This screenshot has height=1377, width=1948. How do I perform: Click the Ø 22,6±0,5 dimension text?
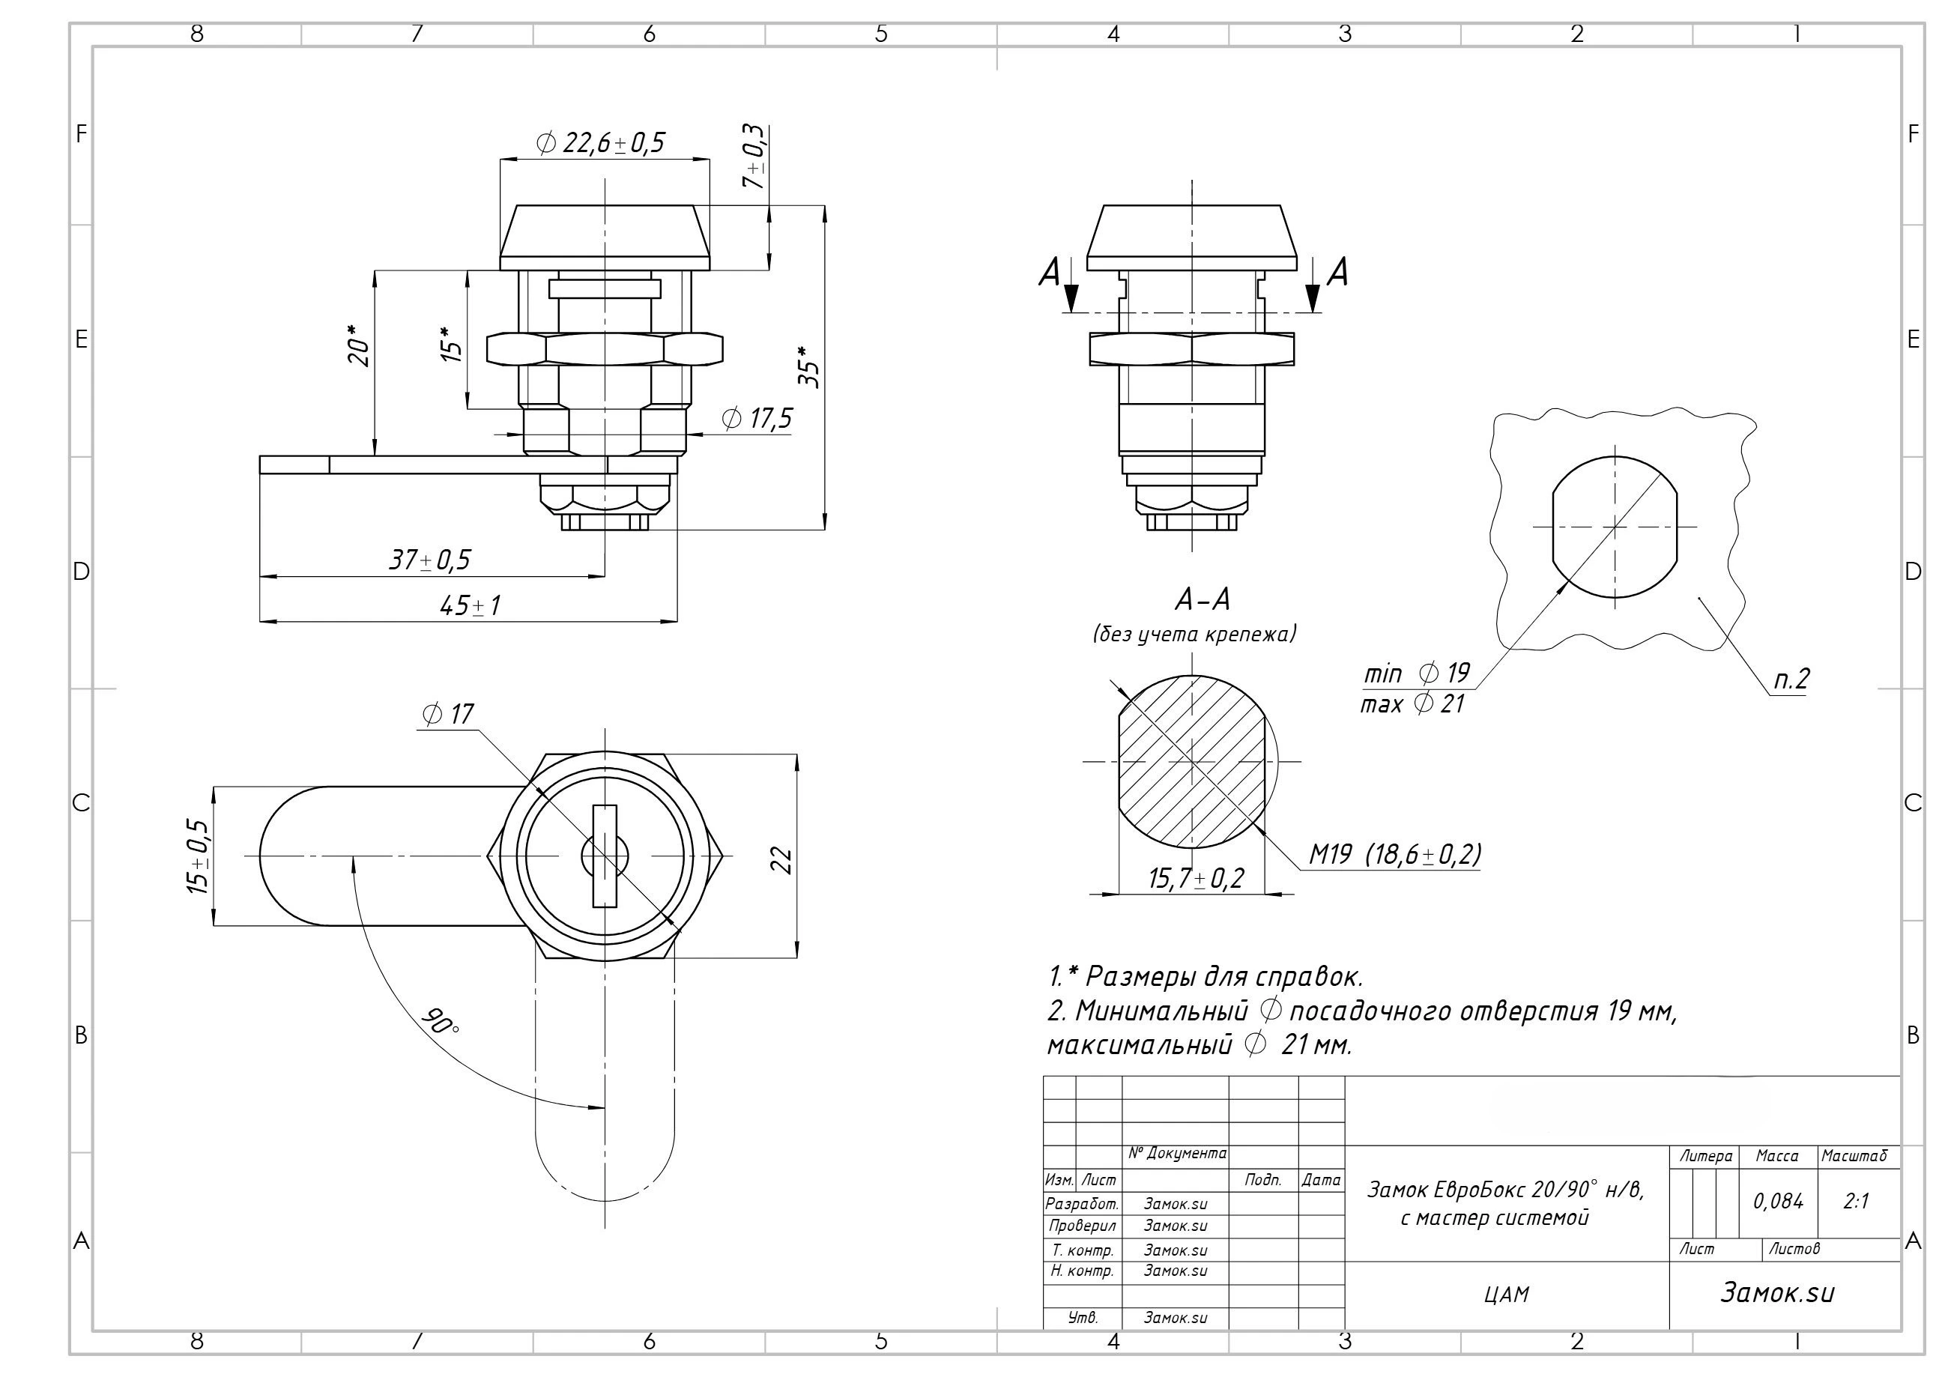coord(602,142)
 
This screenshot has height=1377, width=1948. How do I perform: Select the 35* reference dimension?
coord(810,366)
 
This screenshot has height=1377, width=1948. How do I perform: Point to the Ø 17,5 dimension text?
coord(757,418)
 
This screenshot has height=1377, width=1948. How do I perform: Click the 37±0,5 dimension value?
coord(429,560)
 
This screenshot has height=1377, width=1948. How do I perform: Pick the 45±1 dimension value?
coord(470,606)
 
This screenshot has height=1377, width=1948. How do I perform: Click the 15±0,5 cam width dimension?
coord(198,856)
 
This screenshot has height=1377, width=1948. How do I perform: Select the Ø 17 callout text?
coord(447,715)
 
